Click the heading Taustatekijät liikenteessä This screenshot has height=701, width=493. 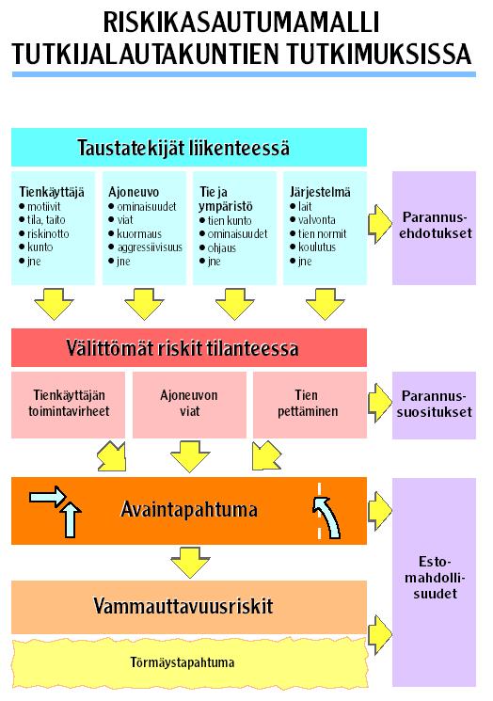183,148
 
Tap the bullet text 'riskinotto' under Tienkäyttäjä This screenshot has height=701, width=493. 48,233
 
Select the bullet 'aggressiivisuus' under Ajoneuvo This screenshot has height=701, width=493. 150,247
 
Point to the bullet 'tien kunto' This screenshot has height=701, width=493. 230,220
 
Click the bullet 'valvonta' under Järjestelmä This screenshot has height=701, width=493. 316,220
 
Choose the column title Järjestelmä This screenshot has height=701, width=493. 320,192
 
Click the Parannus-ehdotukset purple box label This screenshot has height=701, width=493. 436,225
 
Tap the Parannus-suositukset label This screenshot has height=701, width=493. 434,404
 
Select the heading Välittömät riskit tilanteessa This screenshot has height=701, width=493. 183,348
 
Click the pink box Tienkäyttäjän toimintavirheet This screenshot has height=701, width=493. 69,405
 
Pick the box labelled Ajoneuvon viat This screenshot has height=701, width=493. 189,405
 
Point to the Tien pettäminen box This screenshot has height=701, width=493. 310,405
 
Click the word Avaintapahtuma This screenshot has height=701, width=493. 189,510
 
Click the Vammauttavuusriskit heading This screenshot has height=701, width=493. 183,606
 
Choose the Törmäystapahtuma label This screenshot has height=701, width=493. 183,662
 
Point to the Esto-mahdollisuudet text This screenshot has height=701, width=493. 435,578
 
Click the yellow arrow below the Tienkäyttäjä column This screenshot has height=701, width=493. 54,304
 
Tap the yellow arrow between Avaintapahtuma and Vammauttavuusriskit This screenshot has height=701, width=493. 190,563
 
